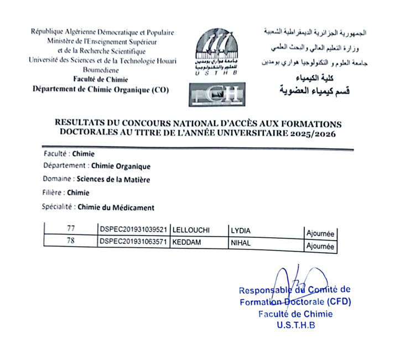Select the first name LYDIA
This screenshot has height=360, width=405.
(240, 229)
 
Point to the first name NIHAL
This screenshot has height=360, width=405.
(239, 242)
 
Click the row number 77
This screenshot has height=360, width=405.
(69, 228)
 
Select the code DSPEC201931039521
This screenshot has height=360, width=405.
(133, 229)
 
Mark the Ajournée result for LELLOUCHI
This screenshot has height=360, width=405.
(320, 233)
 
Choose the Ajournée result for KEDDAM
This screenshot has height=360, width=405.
(320, 247)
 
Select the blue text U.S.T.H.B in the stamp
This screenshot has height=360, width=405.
(295, 325)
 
